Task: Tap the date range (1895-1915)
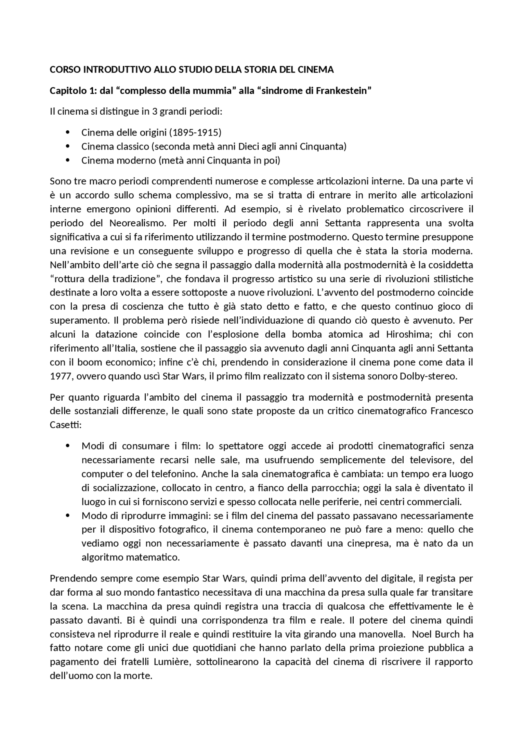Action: (196, 132)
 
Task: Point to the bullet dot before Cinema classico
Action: (68, 146)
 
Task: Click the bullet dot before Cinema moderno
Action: (68, 160)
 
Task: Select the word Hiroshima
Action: (409, 334)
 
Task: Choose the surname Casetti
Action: (65, 425)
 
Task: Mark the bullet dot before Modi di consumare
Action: (68, 446)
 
